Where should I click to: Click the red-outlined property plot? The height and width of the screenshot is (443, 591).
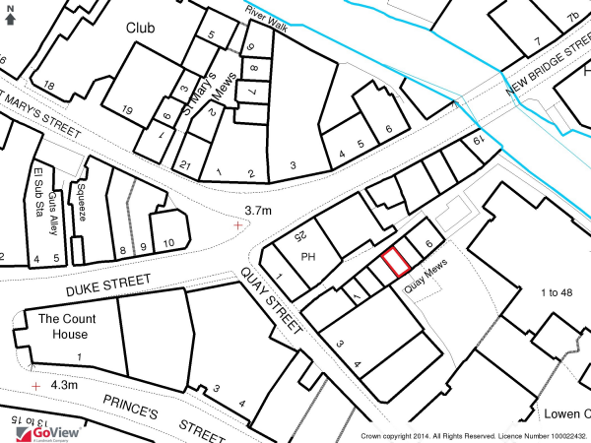click(x=396, y=262)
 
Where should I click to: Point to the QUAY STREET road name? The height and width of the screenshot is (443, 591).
click(x=271, y=303)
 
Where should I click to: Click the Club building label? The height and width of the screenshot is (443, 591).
click(x=142, y=28)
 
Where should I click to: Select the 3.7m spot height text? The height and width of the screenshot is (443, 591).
click(x=257, y=211)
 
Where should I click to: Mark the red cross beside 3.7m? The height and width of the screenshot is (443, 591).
click(x=237, y=225)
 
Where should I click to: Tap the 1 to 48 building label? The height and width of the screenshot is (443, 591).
click(x=557, y=292)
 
